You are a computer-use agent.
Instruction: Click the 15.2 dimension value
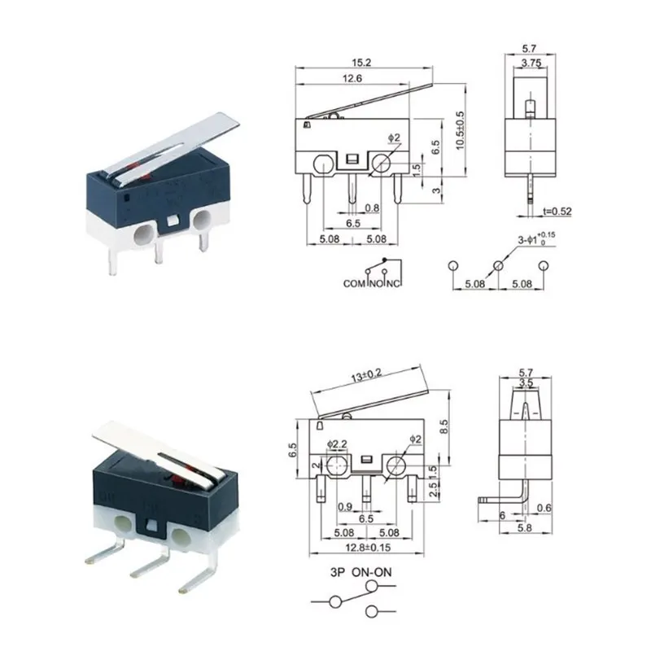(x=361, y=63)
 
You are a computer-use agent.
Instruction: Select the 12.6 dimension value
(x=352, y=78)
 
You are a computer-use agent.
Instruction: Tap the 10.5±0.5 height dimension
(x=460, y=130)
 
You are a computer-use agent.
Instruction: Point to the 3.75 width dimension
(x=531, y=63)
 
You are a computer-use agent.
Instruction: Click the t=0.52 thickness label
(x=557, y=212)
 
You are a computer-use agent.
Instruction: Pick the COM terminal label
(x=354, y=283)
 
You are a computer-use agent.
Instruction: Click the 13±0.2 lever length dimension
(x=366, y=375)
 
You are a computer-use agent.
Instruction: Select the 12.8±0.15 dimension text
(x=368, y=548)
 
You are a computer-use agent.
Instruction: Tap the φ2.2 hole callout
(x=337, y=443)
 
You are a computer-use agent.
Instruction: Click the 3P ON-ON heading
(x=360, y=572)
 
